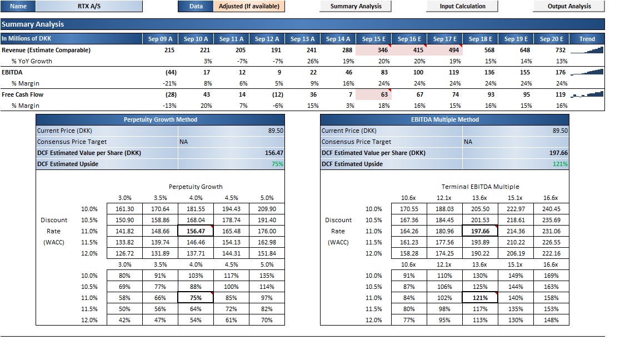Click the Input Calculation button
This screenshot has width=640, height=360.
(462, 6)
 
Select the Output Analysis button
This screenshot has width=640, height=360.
(569, 6)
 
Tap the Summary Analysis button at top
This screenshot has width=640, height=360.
(356, 6)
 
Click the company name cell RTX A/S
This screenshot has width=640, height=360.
(89, 6)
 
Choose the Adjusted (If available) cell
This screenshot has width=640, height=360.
(249, 6)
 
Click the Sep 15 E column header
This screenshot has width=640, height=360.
(374, 39)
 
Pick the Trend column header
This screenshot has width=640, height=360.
(587, 39)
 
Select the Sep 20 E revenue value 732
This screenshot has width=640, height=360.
(561, 50)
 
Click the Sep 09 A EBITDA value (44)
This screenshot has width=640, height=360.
(171, 72)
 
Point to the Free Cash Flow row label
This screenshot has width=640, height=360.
(22, 94)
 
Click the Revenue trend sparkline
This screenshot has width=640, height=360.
(587, 50)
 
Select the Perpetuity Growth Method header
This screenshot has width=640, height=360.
(161, 119)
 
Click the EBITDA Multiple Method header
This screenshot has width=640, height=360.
(445, 119)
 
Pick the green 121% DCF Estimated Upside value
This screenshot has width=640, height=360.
(560, 164)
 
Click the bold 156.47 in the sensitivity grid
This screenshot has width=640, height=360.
(196, 231)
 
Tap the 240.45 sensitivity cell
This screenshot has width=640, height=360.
(551, 208)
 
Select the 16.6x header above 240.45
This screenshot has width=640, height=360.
(551, 198)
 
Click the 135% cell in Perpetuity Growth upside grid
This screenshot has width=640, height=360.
(267, 276)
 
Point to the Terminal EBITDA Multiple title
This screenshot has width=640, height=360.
(481, 187)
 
